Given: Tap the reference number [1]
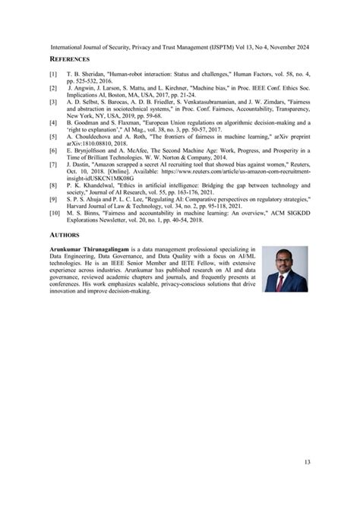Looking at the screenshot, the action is click(x=52, y=75).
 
